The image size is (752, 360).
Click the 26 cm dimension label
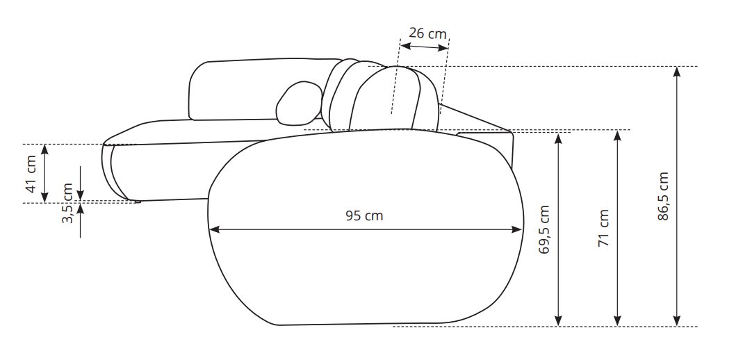[427, 33]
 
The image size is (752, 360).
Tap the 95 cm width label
[364, 215]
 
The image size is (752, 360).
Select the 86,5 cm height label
[663, 196]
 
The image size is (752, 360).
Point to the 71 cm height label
[603, 228]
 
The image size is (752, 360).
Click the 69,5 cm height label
[544, 229]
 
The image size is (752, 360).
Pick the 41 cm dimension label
[31, 174]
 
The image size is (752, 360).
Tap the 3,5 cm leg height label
[67, 203]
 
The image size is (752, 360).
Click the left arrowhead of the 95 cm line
[214, 229]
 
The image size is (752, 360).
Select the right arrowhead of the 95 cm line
[517, 229]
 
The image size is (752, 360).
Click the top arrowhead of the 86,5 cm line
[677, 72]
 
